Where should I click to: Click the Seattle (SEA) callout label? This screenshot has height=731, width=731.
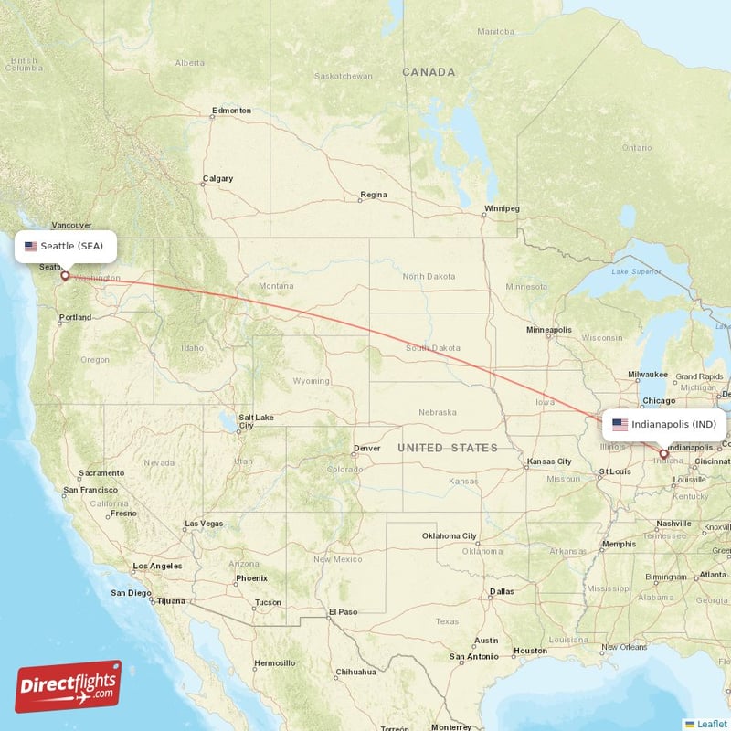point(65,246)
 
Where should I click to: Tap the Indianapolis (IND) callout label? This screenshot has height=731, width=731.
point(664,424)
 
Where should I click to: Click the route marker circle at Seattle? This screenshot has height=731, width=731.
point(65,275)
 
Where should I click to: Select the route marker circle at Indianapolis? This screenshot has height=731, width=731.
point(664,453)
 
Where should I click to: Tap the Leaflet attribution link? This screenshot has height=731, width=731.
point(711,723)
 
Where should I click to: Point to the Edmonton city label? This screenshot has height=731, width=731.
point(231,111)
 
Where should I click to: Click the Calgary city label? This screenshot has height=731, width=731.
point(217,179)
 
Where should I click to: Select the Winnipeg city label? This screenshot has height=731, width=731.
point(501,208)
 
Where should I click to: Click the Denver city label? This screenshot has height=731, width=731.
point(366,449)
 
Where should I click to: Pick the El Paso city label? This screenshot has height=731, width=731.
point(344,611)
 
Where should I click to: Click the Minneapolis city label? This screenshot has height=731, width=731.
point(548,330)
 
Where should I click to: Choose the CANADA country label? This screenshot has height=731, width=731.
point(429,72)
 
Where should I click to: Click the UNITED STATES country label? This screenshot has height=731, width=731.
point(447,448)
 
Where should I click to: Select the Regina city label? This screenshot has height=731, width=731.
point(373,195)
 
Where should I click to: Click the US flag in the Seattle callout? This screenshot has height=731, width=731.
point(31,246)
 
